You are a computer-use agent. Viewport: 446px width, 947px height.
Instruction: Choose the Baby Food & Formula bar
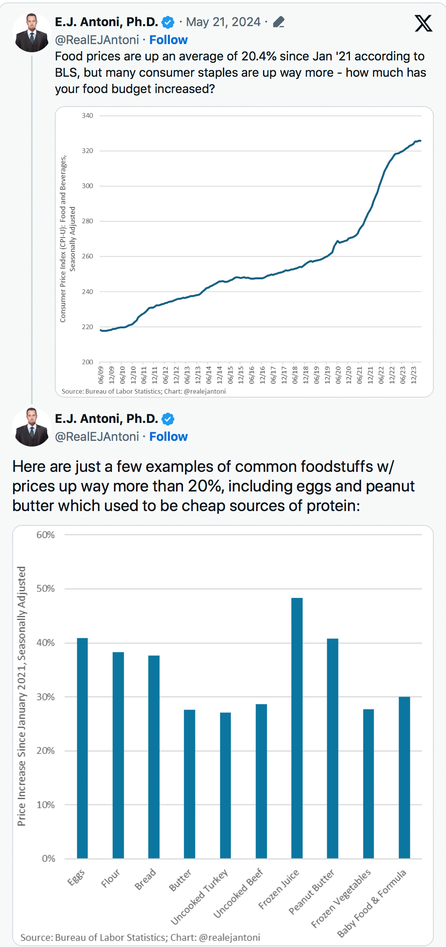(x=404, y=777)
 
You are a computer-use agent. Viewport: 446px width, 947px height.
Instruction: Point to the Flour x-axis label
(x=111, y=878)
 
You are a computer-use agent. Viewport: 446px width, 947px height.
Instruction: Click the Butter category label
(x=180, y=880)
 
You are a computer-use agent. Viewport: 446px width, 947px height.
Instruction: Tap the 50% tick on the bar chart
(x=45, y=589)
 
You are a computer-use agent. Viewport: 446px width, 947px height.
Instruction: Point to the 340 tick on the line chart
(x=87, y=116)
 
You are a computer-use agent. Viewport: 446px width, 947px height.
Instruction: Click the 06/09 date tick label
(x=101, y=375)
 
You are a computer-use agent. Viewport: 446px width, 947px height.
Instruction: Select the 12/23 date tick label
(x=414, y=375)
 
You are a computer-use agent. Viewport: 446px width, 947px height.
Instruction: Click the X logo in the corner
(x=423, y=23)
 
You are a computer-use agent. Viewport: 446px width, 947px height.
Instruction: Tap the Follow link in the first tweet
(x=168, y=40)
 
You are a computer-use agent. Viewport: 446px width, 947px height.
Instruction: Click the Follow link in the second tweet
(x=168, y=436)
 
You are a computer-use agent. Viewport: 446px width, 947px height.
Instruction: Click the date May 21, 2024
(x=223, y=22)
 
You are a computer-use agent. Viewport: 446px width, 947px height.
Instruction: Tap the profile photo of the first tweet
(x=31, y=33)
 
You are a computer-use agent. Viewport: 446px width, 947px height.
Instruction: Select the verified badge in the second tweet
(x=168, y=419)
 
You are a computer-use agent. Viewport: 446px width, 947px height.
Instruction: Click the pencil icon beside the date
(x=279, y=22)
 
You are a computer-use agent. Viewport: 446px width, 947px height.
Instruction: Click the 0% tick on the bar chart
(x=48, y=858)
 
